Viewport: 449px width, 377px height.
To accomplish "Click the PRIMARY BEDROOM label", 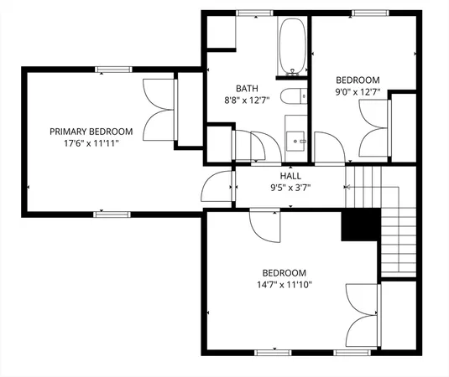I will point(91,132).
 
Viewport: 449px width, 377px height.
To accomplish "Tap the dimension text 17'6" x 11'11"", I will point(91,143).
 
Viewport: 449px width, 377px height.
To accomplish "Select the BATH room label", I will point(247,88).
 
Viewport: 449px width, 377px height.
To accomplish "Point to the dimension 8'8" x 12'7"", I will point(247,100).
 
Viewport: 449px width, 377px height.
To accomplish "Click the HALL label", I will point(290,177).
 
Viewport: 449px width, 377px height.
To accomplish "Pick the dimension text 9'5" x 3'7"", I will point(290,188).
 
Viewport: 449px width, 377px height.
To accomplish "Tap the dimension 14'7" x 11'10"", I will point(284,285).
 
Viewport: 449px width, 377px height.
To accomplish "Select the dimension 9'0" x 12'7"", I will point(358,93).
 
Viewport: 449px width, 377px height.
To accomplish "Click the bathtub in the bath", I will point(293,47).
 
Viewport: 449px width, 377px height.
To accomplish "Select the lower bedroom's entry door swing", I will point(266,225).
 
